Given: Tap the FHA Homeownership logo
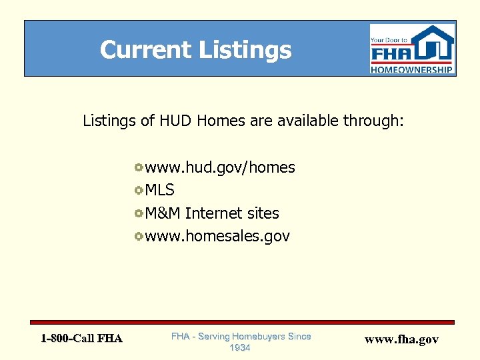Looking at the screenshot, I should pos(412,49).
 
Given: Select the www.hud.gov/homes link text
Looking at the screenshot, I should pos(220,168).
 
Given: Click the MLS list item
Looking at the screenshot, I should pos(160,191).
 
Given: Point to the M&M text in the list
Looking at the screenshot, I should pos(163,213).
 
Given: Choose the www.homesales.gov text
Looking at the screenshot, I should pos(217,236).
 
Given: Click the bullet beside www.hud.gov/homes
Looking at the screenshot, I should pos(138,167).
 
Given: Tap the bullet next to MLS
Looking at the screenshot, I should pos(138,190).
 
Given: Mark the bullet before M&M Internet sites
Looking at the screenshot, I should pos(138,213).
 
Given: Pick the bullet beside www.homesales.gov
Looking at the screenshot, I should pos(138,235).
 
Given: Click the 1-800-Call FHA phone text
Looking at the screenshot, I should pos(81,339).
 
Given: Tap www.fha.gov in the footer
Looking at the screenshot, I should pos(401,339).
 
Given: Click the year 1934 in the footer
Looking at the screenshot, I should pos(240,348).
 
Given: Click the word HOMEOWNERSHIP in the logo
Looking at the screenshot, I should pos(412,69).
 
